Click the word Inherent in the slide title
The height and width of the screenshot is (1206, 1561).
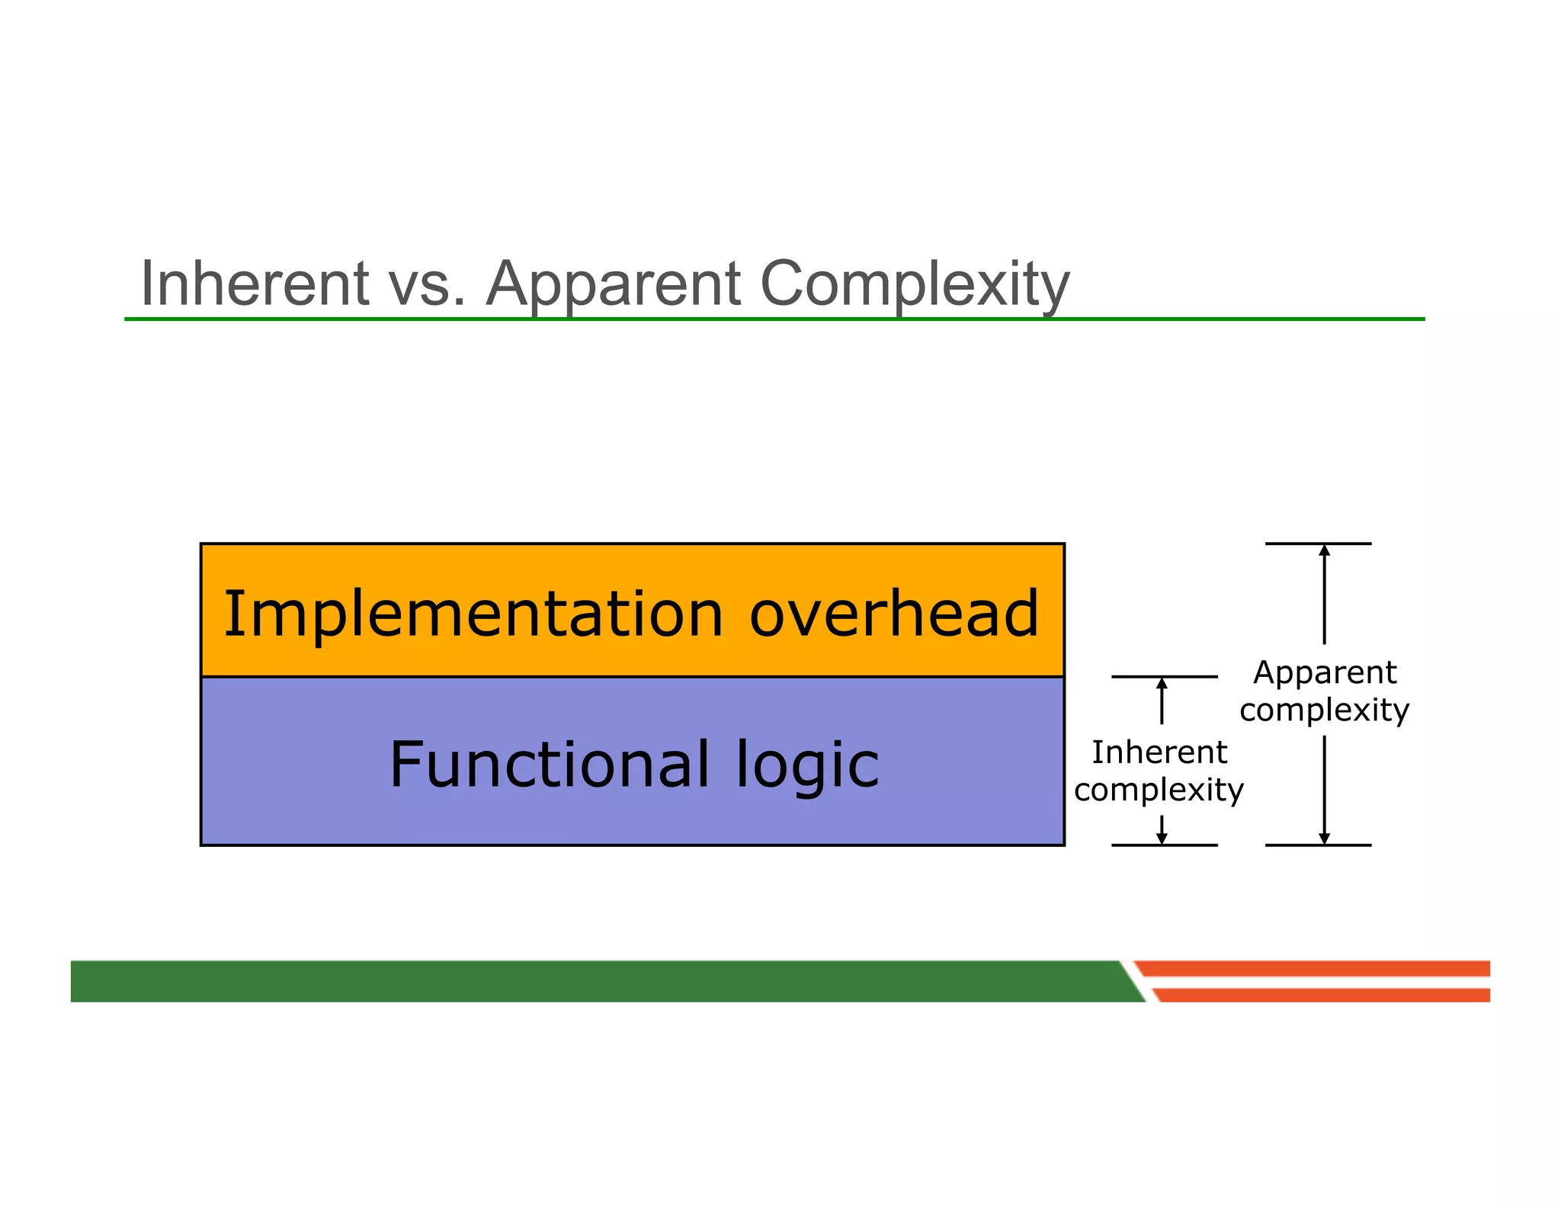[x=255, y=284]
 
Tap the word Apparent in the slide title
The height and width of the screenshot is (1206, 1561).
[x=613, y=284]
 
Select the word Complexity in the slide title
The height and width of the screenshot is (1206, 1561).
[x=915, y=284]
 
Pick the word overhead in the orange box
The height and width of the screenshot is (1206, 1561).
[x=894, y=614]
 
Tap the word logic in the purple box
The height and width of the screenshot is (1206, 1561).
[x=807, y=765]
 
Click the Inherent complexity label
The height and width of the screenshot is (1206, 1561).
[x=1159, y=771]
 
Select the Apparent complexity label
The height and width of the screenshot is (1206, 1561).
[x=1325, y=691]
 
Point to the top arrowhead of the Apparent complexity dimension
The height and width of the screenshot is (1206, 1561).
[x=1325, y=550]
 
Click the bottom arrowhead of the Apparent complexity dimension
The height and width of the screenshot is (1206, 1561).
[x=1325, y=838]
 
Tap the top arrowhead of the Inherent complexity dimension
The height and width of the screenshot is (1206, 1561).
[x=1162, y=683]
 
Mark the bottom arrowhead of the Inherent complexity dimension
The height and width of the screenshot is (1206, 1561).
[x=1162, y=838]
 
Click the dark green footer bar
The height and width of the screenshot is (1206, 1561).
[x=595, y=980]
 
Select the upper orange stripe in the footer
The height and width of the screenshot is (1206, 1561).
[x=1319, y=968]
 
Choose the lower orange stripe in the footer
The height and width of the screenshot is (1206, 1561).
[x=1326, y=995]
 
